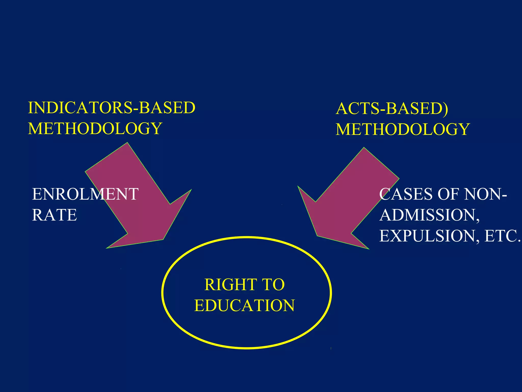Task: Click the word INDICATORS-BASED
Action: (112, 107)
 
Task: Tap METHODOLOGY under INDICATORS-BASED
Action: (95, 128)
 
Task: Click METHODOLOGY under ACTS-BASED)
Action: (403, 129)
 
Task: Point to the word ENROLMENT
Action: (85, 194)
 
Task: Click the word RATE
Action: (54, 215)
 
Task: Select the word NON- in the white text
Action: (485, 194)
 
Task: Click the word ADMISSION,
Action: (429, 215)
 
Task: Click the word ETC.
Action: (502, 236)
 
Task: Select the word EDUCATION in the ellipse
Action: (244, 305)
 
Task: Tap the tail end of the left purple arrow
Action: (107, 157)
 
